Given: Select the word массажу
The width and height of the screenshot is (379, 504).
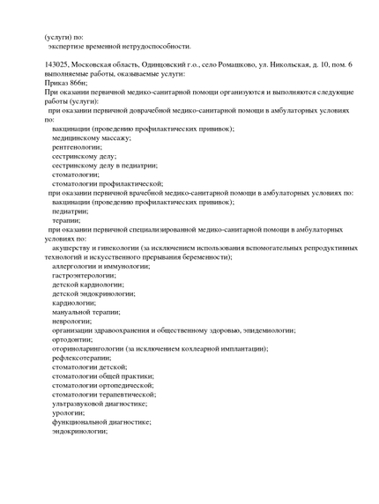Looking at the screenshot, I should [x=109, y=137].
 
